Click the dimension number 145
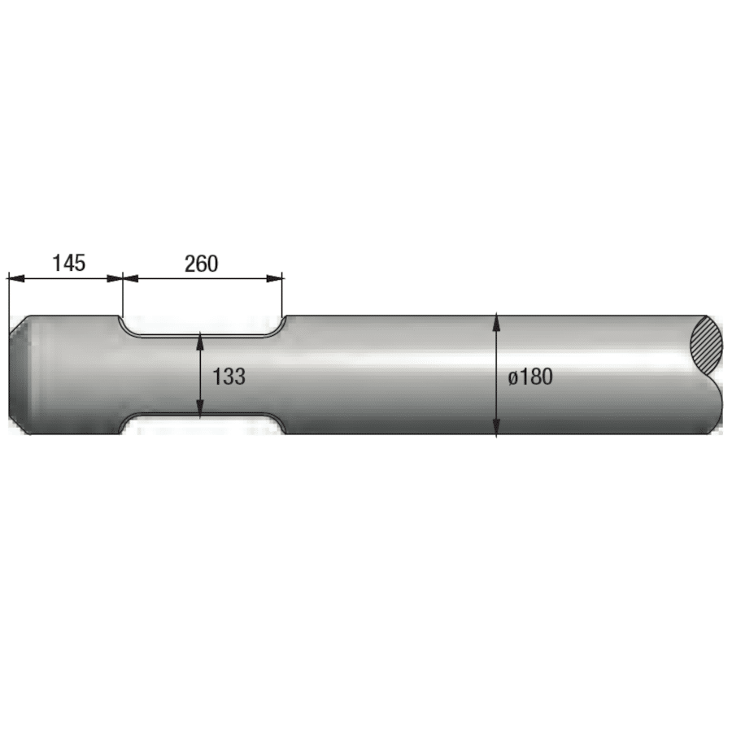point(68,264)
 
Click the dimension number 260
point(201,264)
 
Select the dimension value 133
point(229,377)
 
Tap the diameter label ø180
point(530,377)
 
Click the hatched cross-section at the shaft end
point(706,346)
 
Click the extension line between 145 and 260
point(122,297)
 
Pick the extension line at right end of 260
point(283,297)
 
